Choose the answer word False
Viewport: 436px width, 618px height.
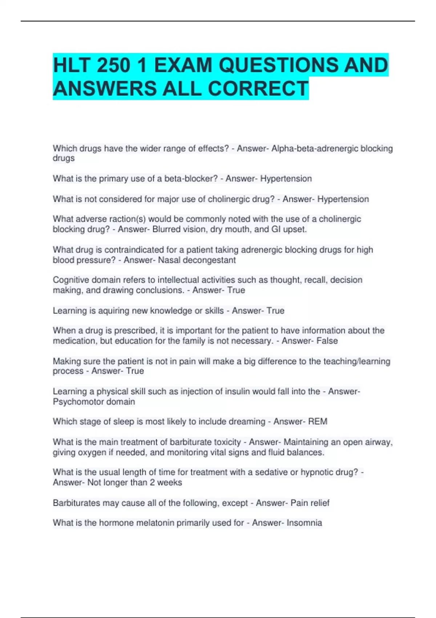(x=327, y=341)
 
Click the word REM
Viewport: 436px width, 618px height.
(x=318, y=421)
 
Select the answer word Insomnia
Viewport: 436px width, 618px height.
(x=304, y=523)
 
